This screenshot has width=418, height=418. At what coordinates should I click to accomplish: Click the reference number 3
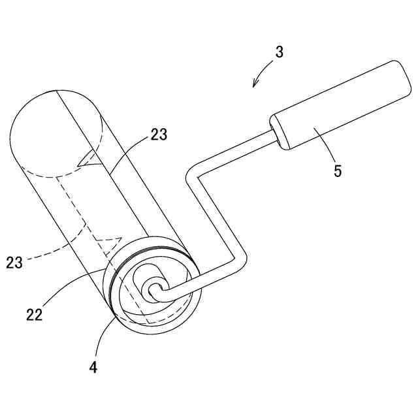coord(279,53)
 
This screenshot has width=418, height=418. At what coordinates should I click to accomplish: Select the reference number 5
coord(337,172)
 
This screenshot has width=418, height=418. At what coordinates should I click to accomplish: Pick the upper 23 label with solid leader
coord(159,135)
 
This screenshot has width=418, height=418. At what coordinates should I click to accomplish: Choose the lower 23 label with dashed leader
coord(15,263)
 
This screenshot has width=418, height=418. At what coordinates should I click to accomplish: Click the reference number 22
coord(35,314)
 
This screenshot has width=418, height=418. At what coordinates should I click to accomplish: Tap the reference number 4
coord(93,367)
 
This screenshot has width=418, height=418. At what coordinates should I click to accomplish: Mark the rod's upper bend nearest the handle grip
coord(191,174)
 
